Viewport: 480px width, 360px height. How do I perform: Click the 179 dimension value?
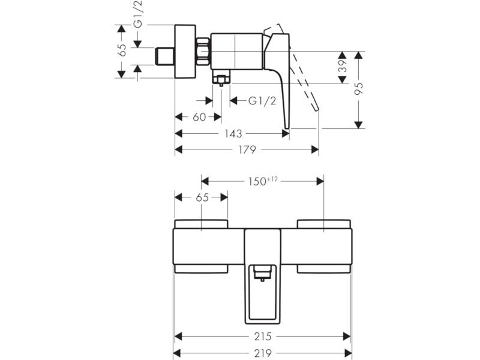(247, 149)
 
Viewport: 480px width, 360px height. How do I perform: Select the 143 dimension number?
(233, 134)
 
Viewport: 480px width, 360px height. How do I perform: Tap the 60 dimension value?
(199, 117)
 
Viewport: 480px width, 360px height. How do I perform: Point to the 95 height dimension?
(359, 88)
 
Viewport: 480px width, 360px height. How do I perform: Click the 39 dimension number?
(342, 66)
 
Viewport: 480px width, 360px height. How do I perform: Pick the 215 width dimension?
(263, 337)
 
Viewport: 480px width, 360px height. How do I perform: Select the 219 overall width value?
(263, 353)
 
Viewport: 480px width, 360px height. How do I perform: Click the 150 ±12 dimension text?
(263, 181)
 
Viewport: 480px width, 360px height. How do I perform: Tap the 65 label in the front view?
(202, 197)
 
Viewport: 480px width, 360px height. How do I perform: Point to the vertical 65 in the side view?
(122, 50)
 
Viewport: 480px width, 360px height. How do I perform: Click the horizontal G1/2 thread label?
(262, 100)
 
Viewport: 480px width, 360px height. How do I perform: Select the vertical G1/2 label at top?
(139, 14)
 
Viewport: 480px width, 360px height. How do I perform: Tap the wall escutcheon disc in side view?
(185, 51)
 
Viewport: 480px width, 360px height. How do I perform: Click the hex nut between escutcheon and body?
(203, 52)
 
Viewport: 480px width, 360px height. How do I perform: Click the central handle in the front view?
(263, 276)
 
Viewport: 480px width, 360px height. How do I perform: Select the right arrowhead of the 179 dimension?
(315, 149)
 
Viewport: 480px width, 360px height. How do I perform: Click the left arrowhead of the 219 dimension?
(177, 353)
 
